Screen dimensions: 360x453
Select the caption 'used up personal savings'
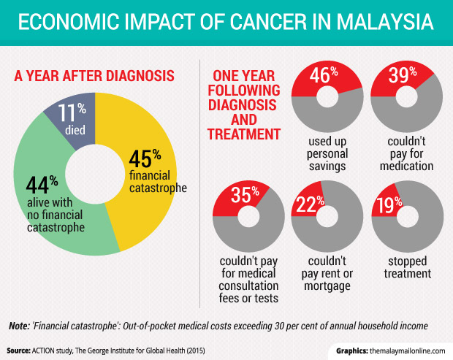coord(325,152)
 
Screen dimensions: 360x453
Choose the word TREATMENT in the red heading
coord(245,134)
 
